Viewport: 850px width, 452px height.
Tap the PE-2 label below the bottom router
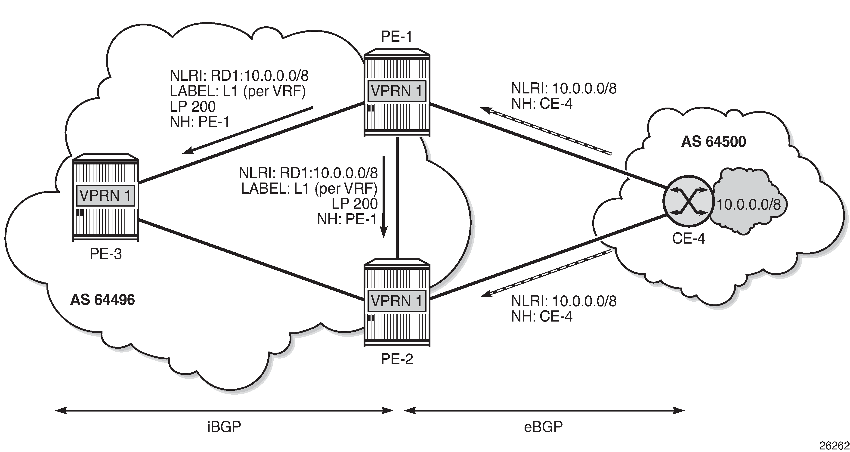pyautogui.click(x=397, y=359)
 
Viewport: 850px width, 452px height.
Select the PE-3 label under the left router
pyautogui.click(x=106, y=254)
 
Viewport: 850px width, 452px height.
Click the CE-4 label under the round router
pyautogui.click(x=688, y=238)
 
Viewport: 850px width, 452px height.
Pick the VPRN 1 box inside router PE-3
pyautogui.click(x=106, y=196)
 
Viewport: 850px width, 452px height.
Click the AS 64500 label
pyautogui.click(x=713, y=142)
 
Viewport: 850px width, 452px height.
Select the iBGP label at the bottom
pyautogui.click(x=224, y=427)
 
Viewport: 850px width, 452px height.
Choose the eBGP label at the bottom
pyautogui.click(x=543, y=427)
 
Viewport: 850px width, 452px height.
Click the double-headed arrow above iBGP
pyautogui.click(x=224, y=411)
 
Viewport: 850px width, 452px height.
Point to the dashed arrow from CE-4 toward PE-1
pyautogui.click(x=546, y=131)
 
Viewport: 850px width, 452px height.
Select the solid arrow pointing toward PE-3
pyautogui.click(x=247, y=130)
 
